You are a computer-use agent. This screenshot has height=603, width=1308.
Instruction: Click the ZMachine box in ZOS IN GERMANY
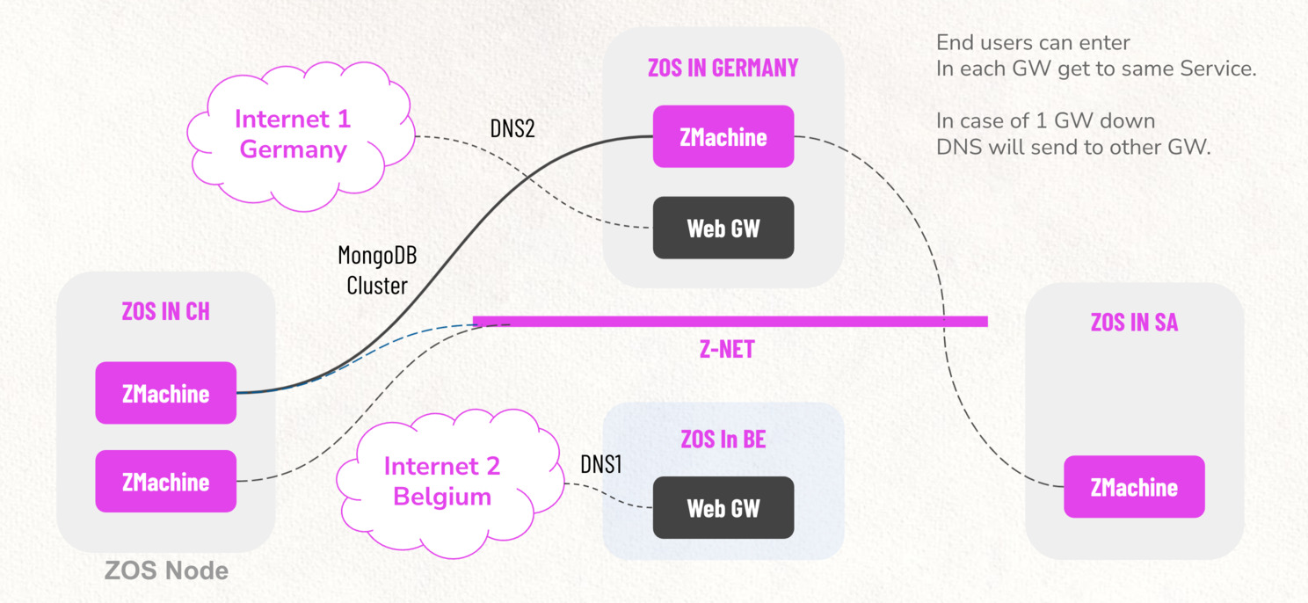(x=723, y=137)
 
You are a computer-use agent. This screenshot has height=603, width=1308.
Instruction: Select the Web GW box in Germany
(x=723, y=228)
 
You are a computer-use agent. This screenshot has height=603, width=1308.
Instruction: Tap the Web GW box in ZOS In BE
(x=723, y=508)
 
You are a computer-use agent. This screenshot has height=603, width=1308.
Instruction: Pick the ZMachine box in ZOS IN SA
(x=1134, y=487)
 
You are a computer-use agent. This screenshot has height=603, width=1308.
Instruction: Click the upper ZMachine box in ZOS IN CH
(x=165, y=393)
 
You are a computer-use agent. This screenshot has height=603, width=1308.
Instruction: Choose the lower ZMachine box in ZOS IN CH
(x=165, y=481)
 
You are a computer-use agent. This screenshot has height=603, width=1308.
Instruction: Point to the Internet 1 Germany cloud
(x=293, y=134)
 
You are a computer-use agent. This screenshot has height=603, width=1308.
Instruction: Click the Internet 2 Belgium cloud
(x=442, y=481)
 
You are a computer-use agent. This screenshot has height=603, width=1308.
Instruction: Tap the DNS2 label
(x=512, y=128)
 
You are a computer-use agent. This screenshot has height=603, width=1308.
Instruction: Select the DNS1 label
(x=601, y=465)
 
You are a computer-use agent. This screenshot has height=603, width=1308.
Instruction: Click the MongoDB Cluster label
(x=377, y=271)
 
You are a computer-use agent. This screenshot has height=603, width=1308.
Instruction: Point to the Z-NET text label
(x=726, y=350)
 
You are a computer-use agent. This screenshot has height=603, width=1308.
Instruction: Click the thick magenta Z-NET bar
(x=730, y=322)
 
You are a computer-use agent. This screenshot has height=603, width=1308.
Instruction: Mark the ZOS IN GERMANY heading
(x=723, y=68)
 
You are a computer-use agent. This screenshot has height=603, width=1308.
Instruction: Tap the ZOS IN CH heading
(x=165, y=311)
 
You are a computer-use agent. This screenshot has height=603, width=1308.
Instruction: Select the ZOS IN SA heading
(x=1134, y=322)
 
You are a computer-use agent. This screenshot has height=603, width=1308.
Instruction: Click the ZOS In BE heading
(x=723, y=439)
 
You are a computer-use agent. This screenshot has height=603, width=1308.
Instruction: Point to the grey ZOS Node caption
(x=166, y=570)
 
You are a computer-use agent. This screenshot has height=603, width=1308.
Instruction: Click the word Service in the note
(x=1215, y=69)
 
